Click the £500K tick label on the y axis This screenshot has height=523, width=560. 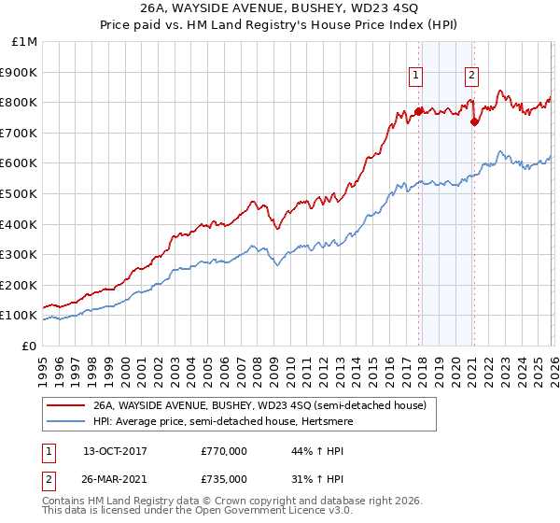(21, 193)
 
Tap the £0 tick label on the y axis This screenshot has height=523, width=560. (30, 346)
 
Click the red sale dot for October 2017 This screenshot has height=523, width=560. (418, 111)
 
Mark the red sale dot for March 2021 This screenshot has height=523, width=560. (475, 121)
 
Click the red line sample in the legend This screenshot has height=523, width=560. (66, 405)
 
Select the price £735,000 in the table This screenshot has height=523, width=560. (224, 478)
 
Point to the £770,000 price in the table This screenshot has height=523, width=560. (224, 451)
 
